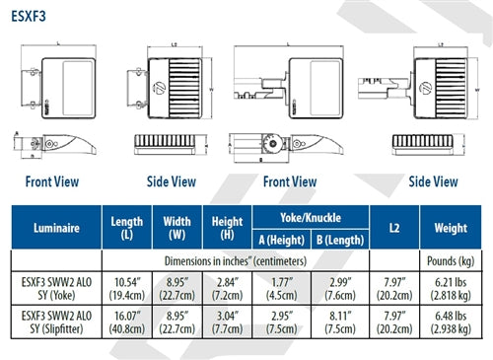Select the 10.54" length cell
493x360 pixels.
tap(128, 288)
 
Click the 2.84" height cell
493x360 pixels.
tap(228, 288)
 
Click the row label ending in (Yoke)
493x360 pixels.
tap(54, 288)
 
